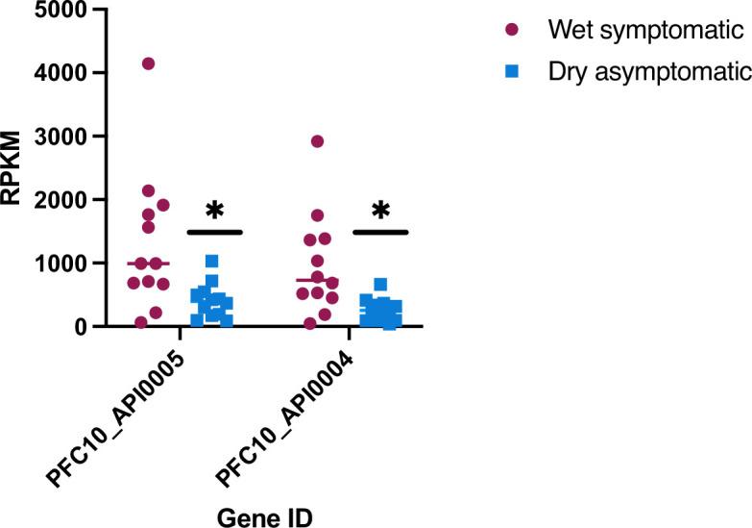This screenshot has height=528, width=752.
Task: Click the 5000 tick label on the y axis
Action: click(60, 10)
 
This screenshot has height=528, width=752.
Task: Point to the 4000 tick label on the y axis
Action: click(60, 73)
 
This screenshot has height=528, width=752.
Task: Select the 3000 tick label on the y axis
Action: click(60, 137)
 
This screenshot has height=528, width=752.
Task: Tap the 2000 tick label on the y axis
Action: click(60, 200)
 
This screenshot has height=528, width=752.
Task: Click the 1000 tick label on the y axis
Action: click(60, 264)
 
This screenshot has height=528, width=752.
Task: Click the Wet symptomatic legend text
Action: click(645, 30)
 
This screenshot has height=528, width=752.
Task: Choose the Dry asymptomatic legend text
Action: click(648, 72)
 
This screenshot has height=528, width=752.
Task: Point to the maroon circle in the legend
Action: click(511, 30)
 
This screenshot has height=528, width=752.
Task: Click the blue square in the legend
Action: click(511, 72)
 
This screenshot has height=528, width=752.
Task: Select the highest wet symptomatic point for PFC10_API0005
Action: click(148, 63)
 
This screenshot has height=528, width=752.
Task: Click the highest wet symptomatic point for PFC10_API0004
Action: click(317, 141)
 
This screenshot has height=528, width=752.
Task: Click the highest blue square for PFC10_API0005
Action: click(211, 262)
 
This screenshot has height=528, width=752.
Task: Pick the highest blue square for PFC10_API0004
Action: click(380, 285)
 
